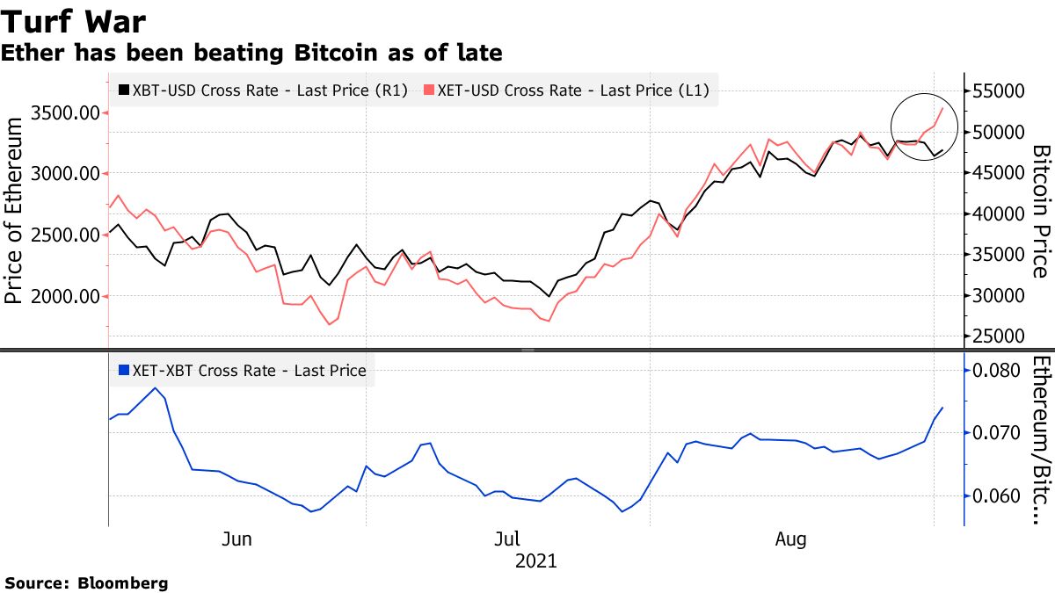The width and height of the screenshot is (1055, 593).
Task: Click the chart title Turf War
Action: [x=74, y=21]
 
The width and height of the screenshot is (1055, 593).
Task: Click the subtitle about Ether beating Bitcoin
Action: [x=251, y=54]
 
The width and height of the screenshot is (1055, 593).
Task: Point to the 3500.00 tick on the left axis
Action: [x=64, y=113]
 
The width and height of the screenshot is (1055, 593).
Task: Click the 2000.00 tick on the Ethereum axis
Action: [x=64, y=296]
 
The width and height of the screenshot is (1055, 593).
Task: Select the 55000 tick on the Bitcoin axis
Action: [x=1000, y=91]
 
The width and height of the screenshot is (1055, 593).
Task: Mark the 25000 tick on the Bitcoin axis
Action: [x=1000, y=336]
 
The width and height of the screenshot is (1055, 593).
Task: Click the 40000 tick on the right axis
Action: [x=1000, y=213]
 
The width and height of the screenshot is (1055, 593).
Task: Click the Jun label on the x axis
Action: [x=237, y=539]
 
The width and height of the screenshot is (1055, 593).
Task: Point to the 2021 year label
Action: [x=535, y=560]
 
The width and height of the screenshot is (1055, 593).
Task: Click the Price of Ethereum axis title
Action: [x=15, y=213]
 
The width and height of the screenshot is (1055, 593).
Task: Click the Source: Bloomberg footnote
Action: [x=86, y=583]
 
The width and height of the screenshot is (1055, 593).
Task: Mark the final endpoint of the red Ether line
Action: [x=943, y=107]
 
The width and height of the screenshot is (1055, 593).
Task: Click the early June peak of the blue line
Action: [x=156, y=387]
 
